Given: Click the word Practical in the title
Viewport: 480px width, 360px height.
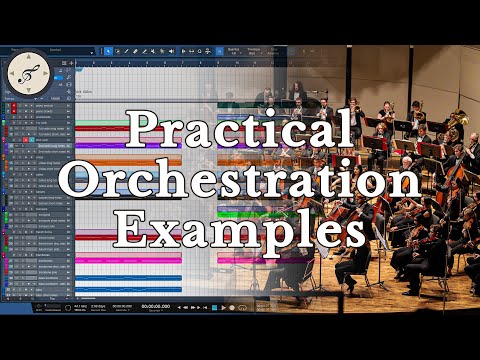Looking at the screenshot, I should [239, 129].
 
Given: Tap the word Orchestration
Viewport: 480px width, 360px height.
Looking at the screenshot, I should [239, 180].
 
